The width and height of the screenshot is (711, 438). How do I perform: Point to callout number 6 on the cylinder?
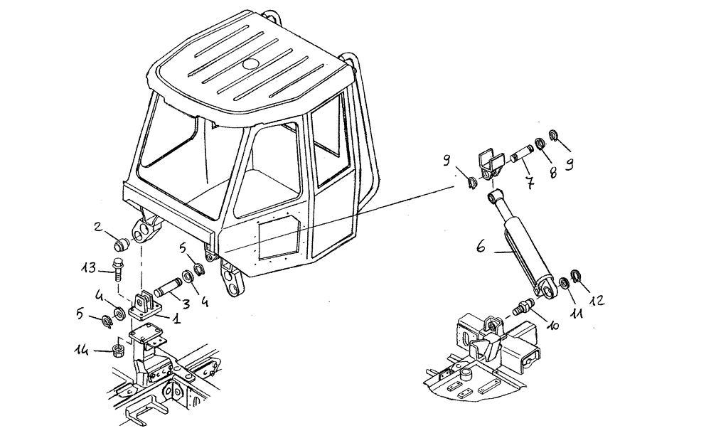(x=480, y=249)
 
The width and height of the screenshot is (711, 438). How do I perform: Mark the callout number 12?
(x=598, y=301)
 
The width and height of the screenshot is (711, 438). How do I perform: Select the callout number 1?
(x=175, y=320)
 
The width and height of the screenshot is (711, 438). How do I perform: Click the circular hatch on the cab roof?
(x=251, y=64)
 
